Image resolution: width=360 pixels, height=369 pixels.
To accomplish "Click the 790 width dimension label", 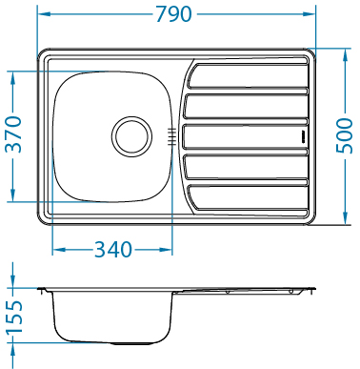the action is [173, 14].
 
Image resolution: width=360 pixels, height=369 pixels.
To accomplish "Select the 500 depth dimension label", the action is [345, 135].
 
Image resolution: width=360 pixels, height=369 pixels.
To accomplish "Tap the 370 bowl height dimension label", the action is [14, 134].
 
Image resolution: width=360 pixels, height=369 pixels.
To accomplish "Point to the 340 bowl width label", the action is [113, 250].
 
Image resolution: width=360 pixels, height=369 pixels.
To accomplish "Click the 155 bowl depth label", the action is [15, 318].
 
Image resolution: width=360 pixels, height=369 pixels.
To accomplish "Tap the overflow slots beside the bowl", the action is [171, 136].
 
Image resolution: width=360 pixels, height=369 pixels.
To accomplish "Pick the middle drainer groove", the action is [245, 136].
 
